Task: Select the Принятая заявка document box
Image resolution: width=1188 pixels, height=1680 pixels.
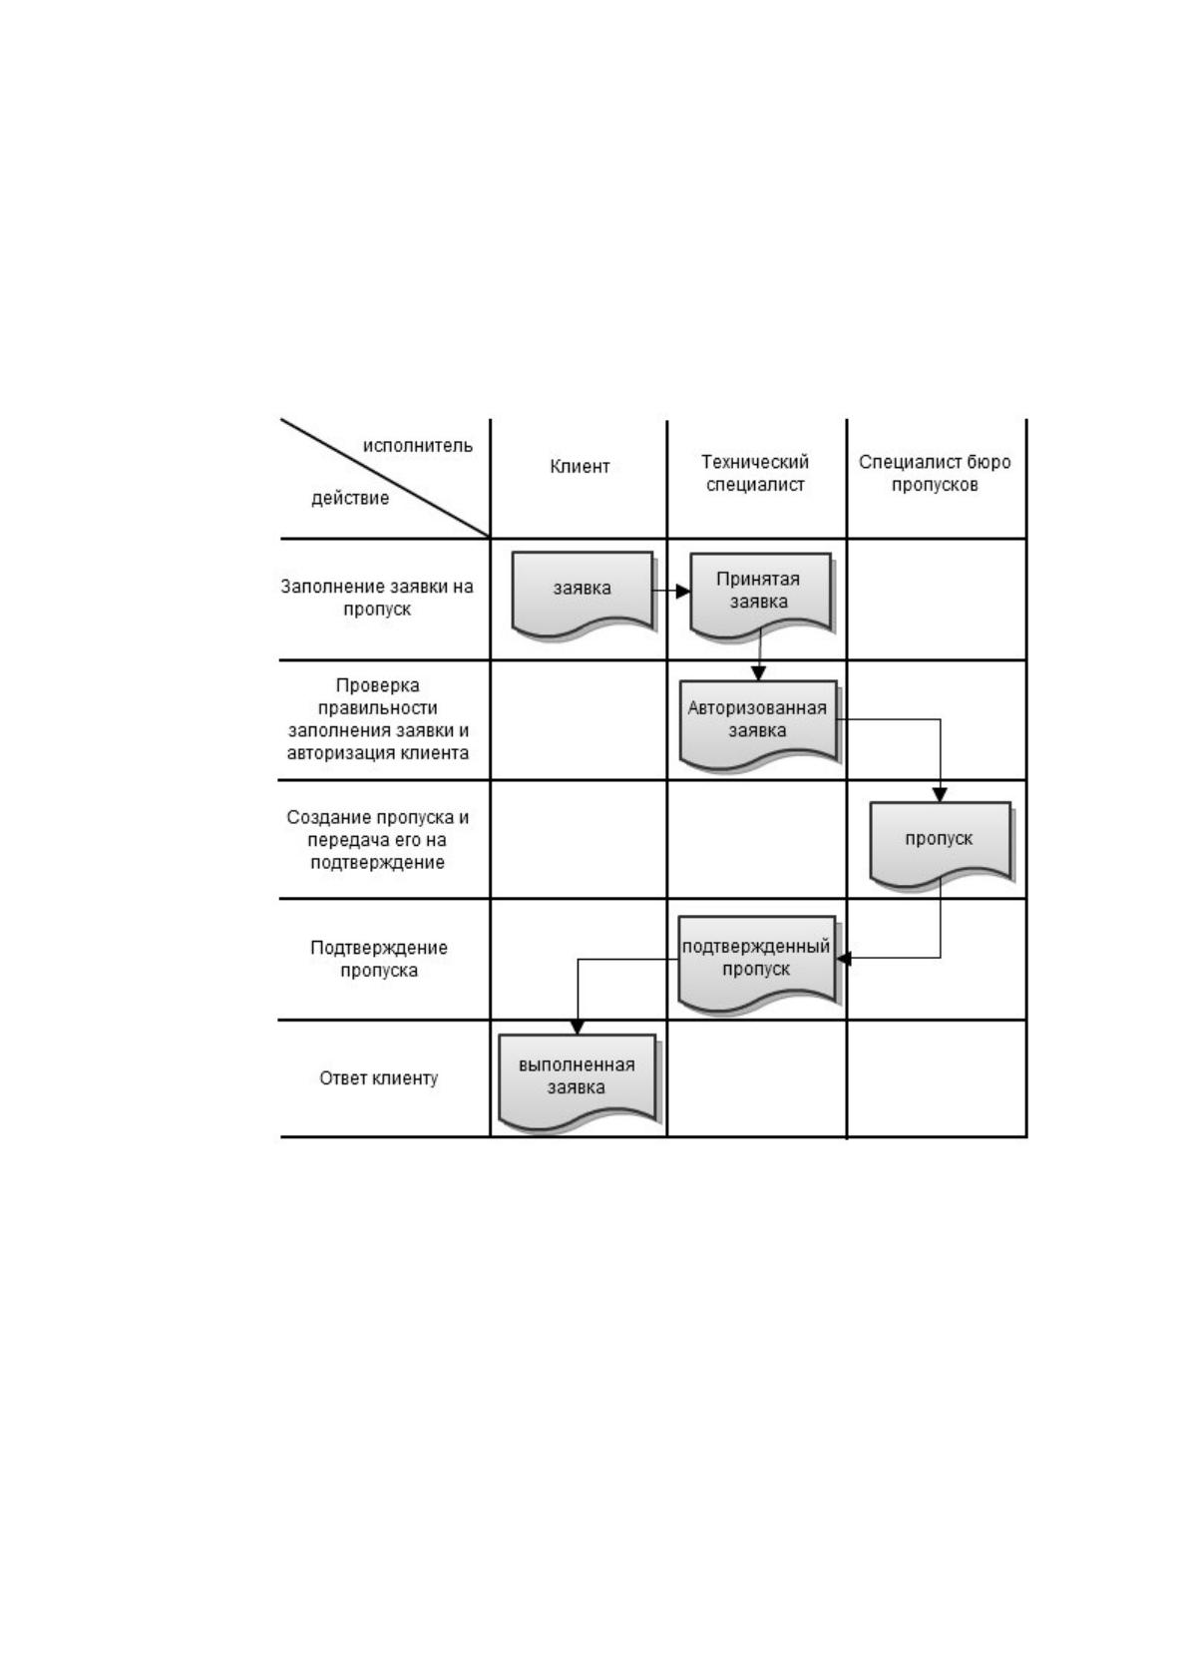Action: pyautogui.click(x=760, y=595)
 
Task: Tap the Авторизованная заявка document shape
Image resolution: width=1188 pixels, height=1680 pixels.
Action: pyautogui.click(x=758, y=723)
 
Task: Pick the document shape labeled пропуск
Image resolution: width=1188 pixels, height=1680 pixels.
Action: pyautogui.click(x=941, y=844)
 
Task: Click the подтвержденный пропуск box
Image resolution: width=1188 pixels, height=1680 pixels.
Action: pyautogui.click(x=757, y=963)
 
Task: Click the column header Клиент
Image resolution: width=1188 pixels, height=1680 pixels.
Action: pyautogui.click(x=580, y=467)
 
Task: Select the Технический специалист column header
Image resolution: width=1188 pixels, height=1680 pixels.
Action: pyautogui.click(x=755, y=473)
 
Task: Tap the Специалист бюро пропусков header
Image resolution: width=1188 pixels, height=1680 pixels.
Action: pyautogui.click(x=935, y=473)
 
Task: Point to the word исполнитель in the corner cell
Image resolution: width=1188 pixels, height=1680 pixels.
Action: pyautogui.click(x=418, y=446)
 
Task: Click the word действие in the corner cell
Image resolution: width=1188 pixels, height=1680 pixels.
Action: pyautogui.click(x=350, y=498)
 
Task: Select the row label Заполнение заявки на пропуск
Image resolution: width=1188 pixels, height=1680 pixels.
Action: pyautogui.click(x=377, y=598)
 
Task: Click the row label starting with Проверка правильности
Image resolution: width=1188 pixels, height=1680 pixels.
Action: pyautogui.click(x=378, y=719)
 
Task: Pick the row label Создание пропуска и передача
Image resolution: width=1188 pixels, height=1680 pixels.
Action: pyautogui.click(x=378, y=840)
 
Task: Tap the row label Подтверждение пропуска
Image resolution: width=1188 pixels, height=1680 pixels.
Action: pyautogui.click(x=379, y=960)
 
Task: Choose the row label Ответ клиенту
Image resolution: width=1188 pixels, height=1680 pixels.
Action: pyautogui.click(x=379, y=1078)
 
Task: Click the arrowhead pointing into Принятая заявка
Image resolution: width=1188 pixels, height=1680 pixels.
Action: pyautogui.click(x=682, y=592)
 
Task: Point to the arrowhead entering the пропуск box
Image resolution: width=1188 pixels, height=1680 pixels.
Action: pyautogui.click(x=940, y=795)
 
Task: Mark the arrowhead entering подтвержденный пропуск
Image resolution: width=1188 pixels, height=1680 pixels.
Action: pyautogui.click(x=845, y=959)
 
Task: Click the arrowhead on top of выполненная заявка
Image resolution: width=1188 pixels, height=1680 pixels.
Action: pyautogui.click(x=577, y=1028)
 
